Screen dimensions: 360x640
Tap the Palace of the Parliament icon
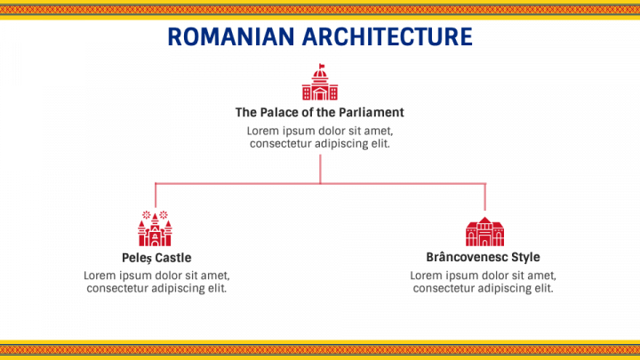pos(320,83)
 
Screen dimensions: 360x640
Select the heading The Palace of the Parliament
pos(320,113)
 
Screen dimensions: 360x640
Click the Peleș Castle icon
pos(155,229)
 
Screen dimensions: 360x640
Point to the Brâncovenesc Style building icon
pos(484,231)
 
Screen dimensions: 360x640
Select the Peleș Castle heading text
pos(156,258)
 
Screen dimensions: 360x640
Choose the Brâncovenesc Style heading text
pos(483,257)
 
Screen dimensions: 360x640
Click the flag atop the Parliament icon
pos(322,68)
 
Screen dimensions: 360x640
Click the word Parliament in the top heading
pos(373,113)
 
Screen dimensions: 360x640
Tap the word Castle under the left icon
pos(172,258)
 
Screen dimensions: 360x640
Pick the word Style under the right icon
pos(524,257)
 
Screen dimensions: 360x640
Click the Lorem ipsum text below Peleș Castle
pos(156,281)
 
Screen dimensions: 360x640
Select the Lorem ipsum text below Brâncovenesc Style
pos(483,281)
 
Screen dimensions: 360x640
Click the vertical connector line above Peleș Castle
pos(156,196)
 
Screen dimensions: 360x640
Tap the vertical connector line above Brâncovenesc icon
pos(484,196)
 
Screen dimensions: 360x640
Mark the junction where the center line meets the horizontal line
pos(320,183)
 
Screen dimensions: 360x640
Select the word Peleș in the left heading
pos(137,258)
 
